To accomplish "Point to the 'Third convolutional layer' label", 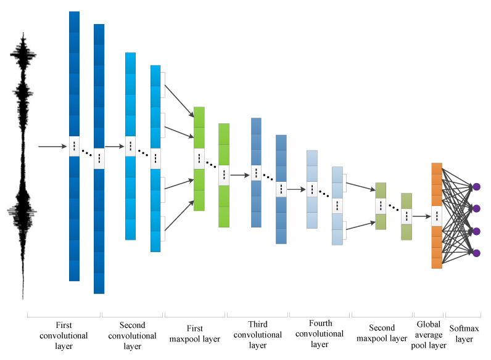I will [x=257, y=333].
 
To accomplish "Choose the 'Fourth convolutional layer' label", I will [x=319, y=333].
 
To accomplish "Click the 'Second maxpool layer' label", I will [x=382, y=338].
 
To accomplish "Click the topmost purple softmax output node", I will [x=476, y=186].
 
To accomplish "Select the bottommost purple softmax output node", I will [x=476, y=253].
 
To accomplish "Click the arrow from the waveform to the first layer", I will [x=53, y=147].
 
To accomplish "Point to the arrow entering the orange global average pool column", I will [x=422, y=216].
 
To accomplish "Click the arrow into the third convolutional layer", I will [x=241, y=176].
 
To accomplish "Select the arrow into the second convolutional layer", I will [x=115, y=147].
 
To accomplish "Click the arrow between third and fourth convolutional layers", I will [x=297, y=189].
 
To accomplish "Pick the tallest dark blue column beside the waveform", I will [x=75, y=74].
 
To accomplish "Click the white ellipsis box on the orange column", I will [x=437, y=216].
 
